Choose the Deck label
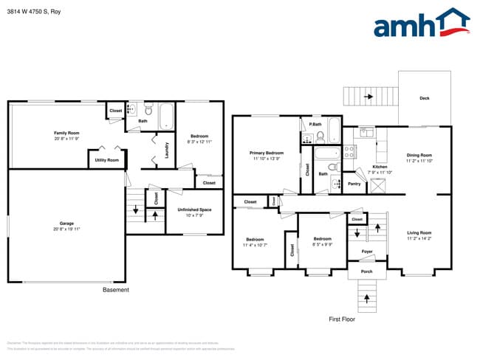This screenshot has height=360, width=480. [424, 98]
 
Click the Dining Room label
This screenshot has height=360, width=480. [419, 157]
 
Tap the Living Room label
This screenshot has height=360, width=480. [419, 237]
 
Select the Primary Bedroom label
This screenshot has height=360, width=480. [266, 155]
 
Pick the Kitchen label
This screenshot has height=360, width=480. [380, 169]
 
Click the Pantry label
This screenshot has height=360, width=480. [354, 184]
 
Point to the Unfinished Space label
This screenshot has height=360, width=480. [194, 212]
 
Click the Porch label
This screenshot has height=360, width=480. [367, 271]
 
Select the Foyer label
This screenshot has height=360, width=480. [367, 252]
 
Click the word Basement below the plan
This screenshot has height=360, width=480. [115, 290]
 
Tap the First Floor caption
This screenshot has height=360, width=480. [342, 319]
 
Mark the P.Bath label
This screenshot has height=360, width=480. [315, 124]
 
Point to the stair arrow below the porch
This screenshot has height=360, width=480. [367, 297]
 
